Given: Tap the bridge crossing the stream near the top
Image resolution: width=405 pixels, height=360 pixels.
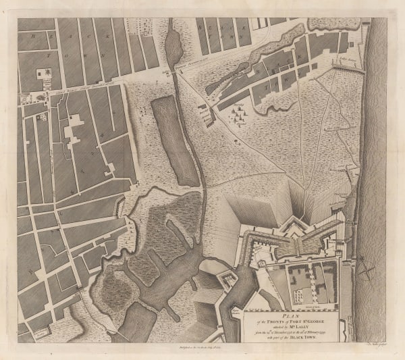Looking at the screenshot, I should tap(178, 70).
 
